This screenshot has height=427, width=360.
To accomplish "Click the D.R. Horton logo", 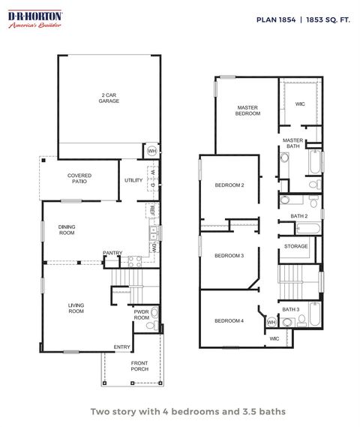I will click(x=34, y=20).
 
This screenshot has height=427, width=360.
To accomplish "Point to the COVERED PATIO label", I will click(x=79, y=179).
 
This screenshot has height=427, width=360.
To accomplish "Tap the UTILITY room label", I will click(x=133, y=180).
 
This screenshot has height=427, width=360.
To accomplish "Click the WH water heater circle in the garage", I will click(x=151, y=151).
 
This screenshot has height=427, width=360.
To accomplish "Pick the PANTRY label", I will click(x=112, y=253).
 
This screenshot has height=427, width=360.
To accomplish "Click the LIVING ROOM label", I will click(x=76, y=308).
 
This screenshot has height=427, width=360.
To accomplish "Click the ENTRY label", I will click(x=121, y=347).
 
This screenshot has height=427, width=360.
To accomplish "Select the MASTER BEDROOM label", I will click(x=248, y=110).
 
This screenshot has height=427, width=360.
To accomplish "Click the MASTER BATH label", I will click(x=293, y=144).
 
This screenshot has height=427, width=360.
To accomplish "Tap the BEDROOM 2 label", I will click(x=229, y=185).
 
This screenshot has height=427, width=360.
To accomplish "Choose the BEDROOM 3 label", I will click(x=229, y=256).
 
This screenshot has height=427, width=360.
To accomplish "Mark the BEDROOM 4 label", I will click(x=229, y=320).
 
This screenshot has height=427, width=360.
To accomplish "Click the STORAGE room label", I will click(x=295, y=246).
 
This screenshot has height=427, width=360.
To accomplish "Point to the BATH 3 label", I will click(x=291, y=309).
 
